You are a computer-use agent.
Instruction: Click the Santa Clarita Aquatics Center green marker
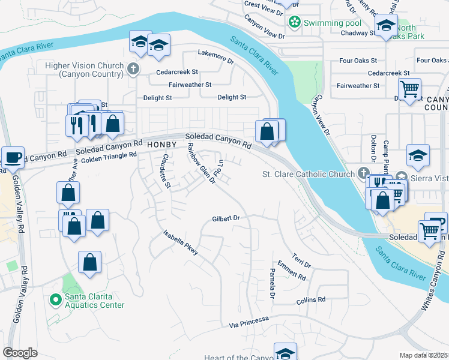55,298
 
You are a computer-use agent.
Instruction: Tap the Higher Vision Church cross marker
134,70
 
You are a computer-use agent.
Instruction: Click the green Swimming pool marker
294,23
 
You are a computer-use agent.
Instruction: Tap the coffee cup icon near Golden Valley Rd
13,158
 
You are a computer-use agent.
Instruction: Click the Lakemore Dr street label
215,57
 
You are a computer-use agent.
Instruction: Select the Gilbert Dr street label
226,219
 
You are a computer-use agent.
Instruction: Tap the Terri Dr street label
302,260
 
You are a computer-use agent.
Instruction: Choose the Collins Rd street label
311,299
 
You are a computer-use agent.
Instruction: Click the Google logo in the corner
20,352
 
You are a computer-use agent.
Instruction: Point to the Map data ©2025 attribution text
424,355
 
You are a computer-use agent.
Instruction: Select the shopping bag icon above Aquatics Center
89,262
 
